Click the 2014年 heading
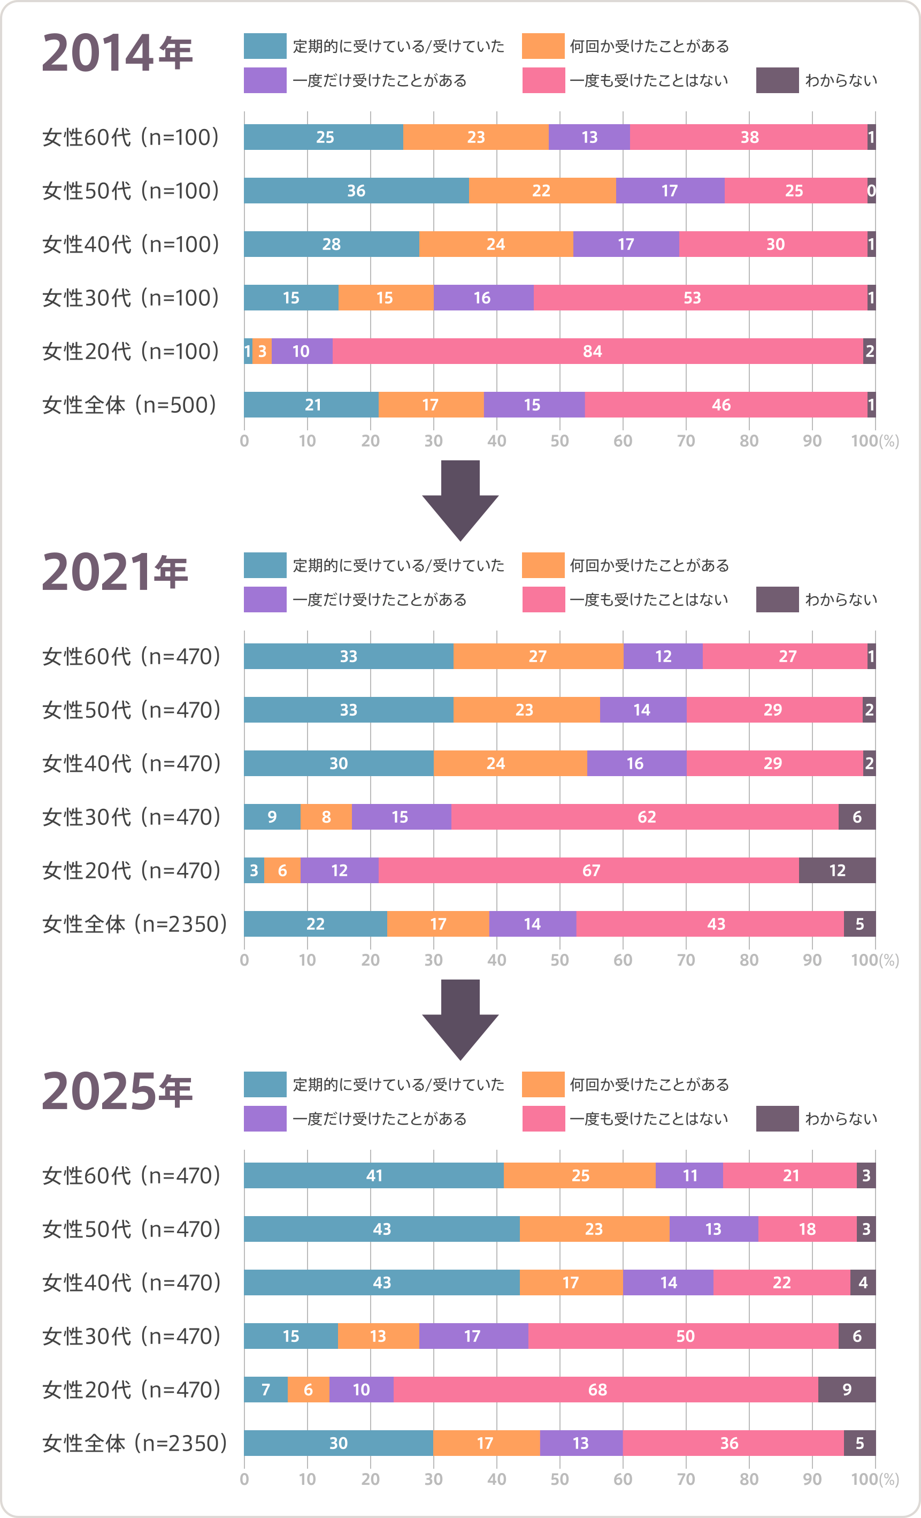coord(117,53)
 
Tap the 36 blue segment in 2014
coord(356,191)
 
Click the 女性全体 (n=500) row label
coord(130,405)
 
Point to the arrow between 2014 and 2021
coord(460,500)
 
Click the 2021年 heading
coord(114,572)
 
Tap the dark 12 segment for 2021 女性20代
coord(836,870)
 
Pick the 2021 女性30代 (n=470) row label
coord(131,817)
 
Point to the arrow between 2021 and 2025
coord(460,1020)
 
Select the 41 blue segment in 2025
coord(374,1175)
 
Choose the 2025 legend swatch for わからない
coord(777,1119)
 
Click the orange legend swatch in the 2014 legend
coord(543,46)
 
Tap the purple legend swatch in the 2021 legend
coord(265,599)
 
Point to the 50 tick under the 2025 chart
coord(559,1479)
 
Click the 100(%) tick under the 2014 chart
coord(874,441)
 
